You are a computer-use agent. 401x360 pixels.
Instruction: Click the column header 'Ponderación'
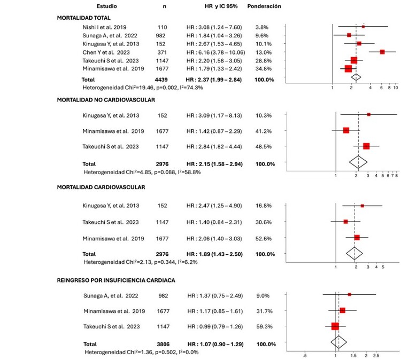pyautogui.click(x=264, y=6)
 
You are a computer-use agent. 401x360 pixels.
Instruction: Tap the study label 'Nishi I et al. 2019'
pyautogui.click(x=104, y=26)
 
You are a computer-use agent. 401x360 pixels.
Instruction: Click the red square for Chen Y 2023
pyautogui.click(x=382, y=52)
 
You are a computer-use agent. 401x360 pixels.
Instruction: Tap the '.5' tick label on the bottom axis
pyautogui.click(x=305, y=354)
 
